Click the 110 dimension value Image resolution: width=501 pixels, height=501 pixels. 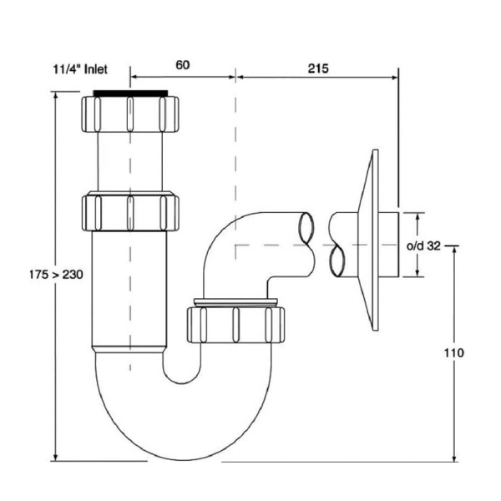point(454,352)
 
